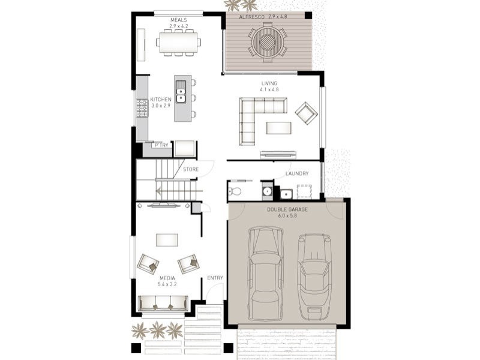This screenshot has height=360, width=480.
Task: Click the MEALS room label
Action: tap(178, 20)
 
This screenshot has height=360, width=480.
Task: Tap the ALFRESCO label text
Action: tap(252, 17)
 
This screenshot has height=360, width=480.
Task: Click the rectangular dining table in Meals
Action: tap(178, 42)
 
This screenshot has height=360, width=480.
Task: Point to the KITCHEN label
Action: tap(161, 100)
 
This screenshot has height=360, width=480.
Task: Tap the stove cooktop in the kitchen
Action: tap(142, 109)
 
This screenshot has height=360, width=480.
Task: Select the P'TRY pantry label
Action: tap(161, 145)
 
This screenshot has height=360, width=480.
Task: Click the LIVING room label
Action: tap(269, 83)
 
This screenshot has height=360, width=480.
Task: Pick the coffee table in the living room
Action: tap(278, 128)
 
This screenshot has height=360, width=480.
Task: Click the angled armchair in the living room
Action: tap(307, 113)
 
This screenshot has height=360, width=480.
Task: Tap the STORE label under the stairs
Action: tap(191, 169)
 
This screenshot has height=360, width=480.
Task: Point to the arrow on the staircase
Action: tap(179, 191)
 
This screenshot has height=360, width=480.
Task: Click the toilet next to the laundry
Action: tap(235, 191)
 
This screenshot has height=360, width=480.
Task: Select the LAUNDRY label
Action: tap(297, 173)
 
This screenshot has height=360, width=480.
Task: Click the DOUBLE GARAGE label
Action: tap(287, 209)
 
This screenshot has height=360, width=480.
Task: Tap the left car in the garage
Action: tap(265, 274)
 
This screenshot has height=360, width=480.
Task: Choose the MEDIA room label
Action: tap(167, 278)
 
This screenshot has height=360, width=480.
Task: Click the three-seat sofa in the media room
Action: tap(163, 304)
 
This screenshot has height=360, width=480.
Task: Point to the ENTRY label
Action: tap(215, 278)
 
